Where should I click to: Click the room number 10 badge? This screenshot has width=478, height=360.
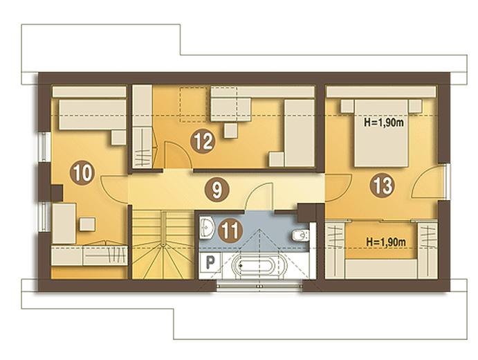(82, 174)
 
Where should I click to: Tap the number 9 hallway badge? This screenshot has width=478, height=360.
(217, 190)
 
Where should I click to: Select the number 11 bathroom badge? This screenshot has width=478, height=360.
(230, 231)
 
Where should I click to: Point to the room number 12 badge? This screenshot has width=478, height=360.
(203, 141)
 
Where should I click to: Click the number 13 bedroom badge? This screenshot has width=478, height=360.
(383, 185)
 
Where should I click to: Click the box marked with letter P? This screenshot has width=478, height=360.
(210, 262)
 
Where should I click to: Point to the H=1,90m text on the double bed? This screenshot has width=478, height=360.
(384, 123)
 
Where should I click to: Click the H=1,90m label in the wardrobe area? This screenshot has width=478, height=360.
(386, 242)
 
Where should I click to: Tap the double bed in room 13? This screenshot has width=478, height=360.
(381, 133)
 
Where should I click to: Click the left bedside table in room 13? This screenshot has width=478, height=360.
(347, 106)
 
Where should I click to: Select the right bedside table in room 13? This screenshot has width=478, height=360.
(415, 106)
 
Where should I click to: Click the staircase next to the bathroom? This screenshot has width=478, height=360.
(163, 244)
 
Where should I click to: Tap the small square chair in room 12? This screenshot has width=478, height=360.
(231, 131)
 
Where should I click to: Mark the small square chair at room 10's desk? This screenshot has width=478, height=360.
(87, 224)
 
